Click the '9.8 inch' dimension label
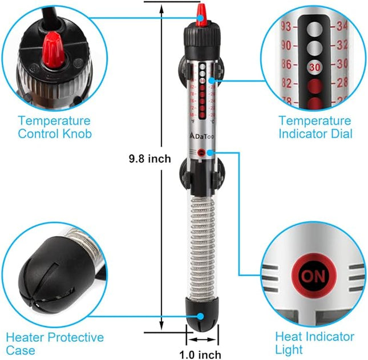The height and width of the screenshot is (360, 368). (149, 159)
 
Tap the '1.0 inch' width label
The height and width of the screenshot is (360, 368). (200, 354)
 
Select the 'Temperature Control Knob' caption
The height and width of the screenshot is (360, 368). (54, 127)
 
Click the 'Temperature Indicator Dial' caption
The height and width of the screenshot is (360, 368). (315, 127)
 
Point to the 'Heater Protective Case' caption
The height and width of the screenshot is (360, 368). (55, 344)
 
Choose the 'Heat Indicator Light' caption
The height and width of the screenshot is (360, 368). (314, 343)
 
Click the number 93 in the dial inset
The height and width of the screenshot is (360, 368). (286, 26)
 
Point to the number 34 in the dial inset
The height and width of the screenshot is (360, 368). (344, 26)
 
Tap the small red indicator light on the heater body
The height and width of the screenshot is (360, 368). (202, 152)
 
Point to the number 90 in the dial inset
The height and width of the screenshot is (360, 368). (286, 45)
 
